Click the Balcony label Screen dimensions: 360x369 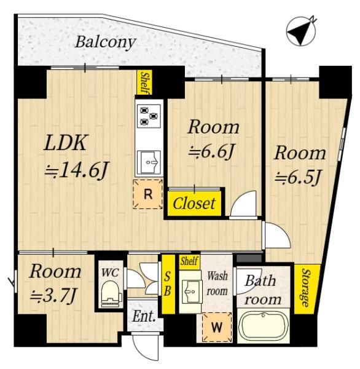(x=105, y=43)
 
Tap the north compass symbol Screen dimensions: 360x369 (x=301, y=31)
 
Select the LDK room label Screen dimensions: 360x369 (x=65, y=143)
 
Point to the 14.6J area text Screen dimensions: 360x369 (x=77, y=170)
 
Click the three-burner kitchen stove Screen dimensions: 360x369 (x=149, y=116)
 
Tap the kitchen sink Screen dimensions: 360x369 (x=149, y=162)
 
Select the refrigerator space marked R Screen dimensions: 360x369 (x=147, y=194)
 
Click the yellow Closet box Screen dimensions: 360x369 (x=195, y=204)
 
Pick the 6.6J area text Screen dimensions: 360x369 (x=211, y=151)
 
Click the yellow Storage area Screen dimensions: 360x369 (x=306, y=289)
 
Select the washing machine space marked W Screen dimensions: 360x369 (x=217, y=327)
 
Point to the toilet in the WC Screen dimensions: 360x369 (x=111, y=294)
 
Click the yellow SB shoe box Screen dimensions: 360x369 (x=168, y=284)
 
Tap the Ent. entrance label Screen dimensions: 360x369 (x=144, y=317)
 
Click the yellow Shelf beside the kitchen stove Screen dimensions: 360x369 (x=144, y=82)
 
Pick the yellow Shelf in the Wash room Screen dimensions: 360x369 (x=189, y=262)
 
